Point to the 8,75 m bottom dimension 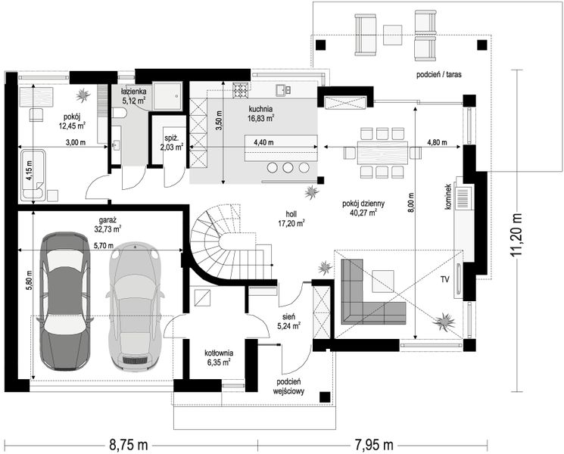(x=128, y=445)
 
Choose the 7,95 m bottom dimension (x=374, y=445)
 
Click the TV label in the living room (x=445, y=279)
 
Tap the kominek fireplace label (x=448, y=197)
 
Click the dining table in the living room (x=382, y=153)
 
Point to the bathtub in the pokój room (x=33, y=175)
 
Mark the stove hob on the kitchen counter (x=239, y=90)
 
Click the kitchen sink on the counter (x=283, y=90)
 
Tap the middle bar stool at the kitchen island (x=288, y=167)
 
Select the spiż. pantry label (x=172, y=142)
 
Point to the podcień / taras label (x=439, y=75)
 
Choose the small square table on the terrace (x=392, y=35)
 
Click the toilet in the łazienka (x=119, y=113)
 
